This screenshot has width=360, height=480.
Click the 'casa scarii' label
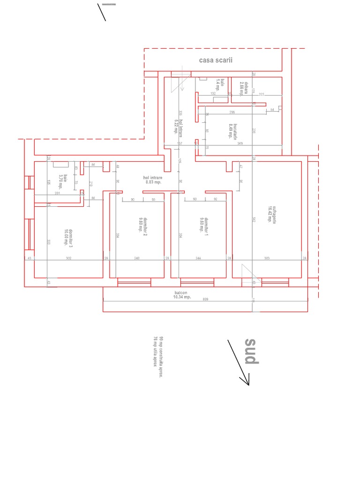(216, 60)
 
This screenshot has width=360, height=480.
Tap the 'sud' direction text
(251, 351)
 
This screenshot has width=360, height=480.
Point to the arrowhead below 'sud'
(247, 382)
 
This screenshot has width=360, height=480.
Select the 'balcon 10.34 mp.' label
(182, 294)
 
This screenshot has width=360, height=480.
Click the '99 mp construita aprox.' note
(161, 351)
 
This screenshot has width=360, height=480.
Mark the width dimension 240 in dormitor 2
(136, 258)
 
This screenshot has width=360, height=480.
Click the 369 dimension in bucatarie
(240, 143)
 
